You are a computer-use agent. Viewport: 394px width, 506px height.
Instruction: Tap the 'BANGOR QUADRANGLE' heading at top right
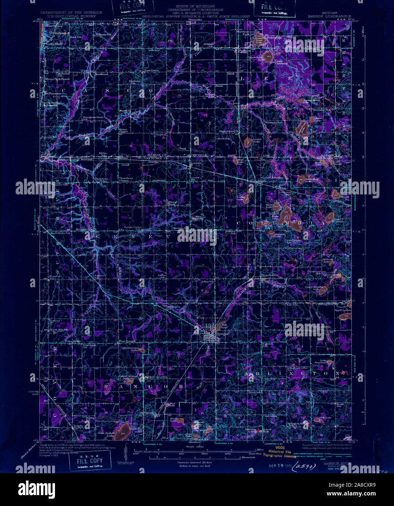(x=330, y=16)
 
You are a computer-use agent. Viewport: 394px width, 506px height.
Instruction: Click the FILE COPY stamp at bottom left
(x=86, y=462)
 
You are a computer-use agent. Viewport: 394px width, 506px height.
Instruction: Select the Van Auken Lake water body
(x=124, y=430)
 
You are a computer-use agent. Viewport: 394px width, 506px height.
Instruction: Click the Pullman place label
(x=243, y=51)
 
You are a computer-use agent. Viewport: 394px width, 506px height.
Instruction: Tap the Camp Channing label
(x=281, y=62)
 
